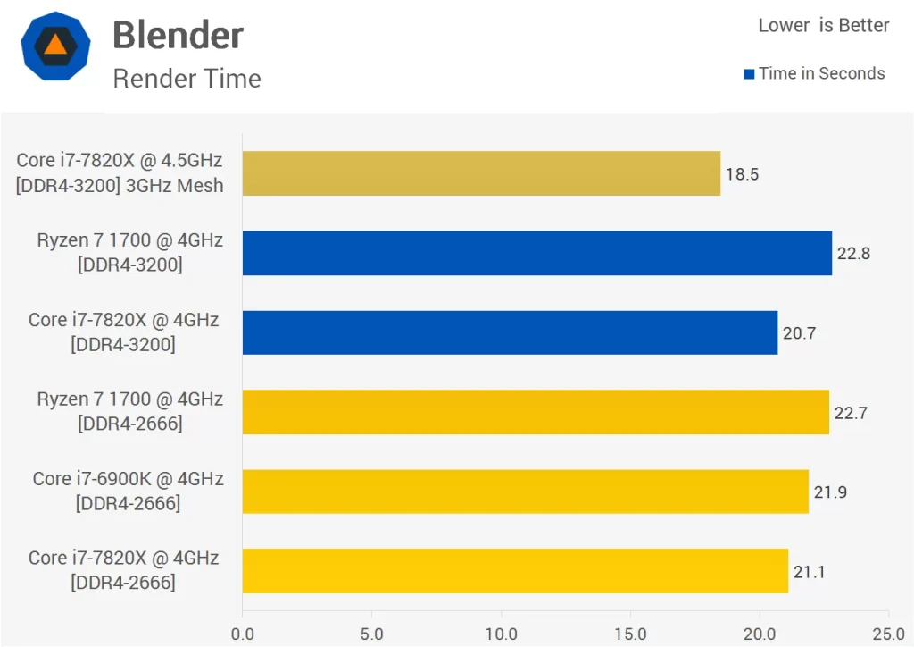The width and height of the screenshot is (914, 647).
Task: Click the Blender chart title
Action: click(178, 36)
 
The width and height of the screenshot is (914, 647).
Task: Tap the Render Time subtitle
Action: click(187, 79)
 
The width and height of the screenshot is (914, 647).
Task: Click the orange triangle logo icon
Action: click(54, 44)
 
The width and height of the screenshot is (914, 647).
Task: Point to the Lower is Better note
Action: click(823, 25)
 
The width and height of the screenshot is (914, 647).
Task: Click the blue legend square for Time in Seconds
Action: click(749, 74)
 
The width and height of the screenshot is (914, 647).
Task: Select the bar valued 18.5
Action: click(481, 173)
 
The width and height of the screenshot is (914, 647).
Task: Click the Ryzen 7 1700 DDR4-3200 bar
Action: click(536, 253)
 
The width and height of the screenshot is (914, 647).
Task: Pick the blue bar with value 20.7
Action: click(510, 332)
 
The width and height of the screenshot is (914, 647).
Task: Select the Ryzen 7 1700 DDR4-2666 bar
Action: click(536, 412)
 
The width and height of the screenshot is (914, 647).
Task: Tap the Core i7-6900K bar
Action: click(525, 492)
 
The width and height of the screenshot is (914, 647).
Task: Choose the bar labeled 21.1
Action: click(515, 571)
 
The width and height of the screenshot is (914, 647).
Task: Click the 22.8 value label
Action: click(853, 253)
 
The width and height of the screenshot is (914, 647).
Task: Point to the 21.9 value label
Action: click(830, 492)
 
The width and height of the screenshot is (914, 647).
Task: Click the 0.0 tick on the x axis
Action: click(242, 634)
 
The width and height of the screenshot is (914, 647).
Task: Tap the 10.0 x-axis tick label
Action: click(501, 634)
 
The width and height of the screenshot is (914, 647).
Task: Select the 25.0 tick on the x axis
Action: click(888, 634)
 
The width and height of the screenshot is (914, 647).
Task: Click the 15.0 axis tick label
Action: click(630, 634)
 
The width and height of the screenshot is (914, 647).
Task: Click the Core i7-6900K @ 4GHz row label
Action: click(128, 479)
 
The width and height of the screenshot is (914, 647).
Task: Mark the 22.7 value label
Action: click(851, 412)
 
